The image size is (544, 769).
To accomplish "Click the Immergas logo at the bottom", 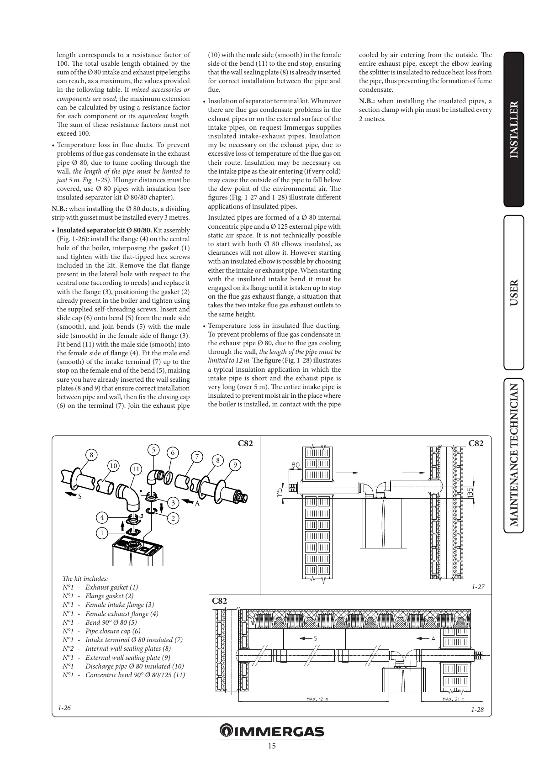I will pyautogui.click(x=272, y=731).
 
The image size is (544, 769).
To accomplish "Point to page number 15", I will pyautogui.click(x=272, y=746).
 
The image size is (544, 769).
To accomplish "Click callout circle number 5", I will pyautogui.click(x=154, y=449).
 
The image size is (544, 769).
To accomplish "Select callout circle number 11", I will pyautogui.click(x=136, y=469).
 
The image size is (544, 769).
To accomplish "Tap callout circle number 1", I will pyautogui.click(x=102, y=533).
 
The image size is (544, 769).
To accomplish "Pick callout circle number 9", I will pyautogui.click(x=235, y=465).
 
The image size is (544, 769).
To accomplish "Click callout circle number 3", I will pyautogui.click(x=173, y=503).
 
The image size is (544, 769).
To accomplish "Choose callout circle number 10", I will pyautogui.click(x=113, y=466).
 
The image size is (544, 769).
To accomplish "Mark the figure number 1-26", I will pyautogui.click(x=64, y=708).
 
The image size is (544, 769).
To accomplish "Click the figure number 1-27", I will pyautogui.click(x=478, y=587).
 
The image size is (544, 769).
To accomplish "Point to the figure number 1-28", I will pyautogui.click(x=477, y=710).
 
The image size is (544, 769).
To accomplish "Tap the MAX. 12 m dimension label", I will pyautogui.click(x=317, y=699).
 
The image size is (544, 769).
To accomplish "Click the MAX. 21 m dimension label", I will pyautogui.click(x=453, y=699).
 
